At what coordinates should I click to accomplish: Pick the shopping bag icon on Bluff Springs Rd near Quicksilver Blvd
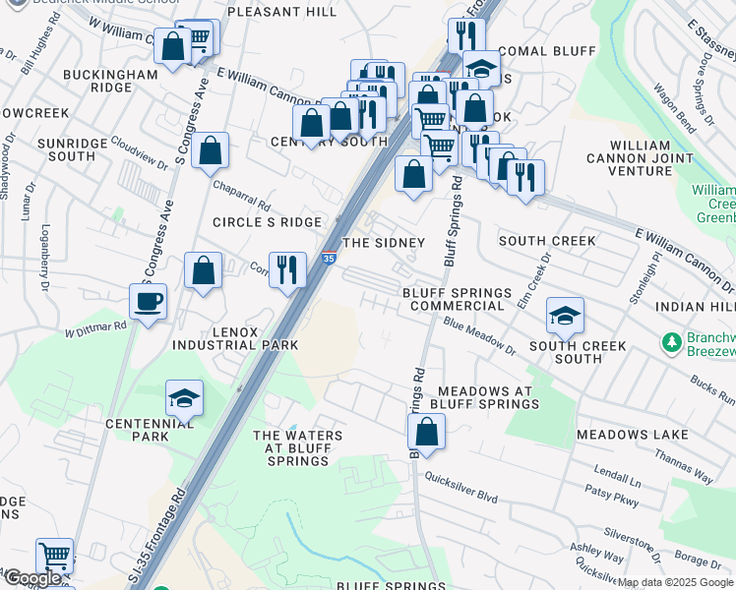tap(426, 432)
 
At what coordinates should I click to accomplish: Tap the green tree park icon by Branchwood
tap(672, 342)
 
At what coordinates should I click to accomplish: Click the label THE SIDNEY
tap(383, 242)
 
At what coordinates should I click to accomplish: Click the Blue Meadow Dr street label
tap(479, 335)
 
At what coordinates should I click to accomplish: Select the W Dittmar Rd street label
tap(95, 328)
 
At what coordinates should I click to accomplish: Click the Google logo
tap(32, 578)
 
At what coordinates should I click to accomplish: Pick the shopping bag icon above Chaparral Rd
tap(211, 152)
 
